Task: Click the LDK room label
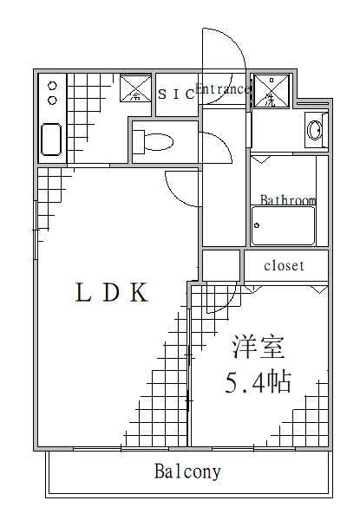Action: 112,292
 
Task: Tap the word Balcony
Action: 187,471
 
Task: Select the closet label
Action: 284,265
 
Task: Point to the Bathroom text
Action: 288,200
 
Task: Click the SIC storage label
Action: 176,94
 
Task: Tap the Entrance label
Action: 223,89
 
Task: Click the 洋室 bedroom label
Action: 259,347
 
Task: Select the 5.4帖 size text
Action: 259,381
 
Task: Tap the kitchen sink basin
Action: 51,140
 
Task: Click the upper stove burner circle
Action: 52,86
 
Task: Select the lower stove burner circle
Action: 52,100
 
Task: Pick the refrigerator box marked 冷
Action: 135,88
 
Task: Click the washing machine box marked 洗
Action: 272,90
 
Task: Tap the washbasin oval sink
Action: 314,130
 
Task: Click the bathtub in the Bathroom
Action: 283,225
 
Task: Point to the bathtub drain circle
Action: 257,225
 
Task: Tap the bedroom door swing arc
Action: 229,302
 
